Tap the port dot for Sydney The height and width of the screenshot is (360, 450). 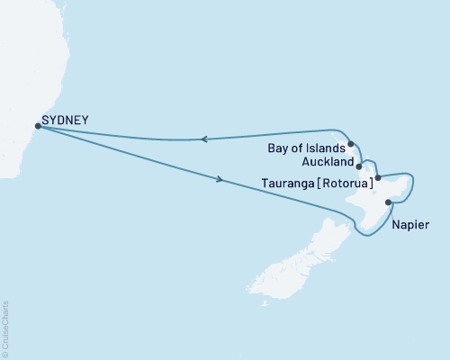[37, 126]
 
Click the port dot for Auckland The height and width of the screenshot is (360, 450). [360, 166]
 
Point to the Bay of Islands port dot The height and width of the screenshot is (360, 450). [351, 143]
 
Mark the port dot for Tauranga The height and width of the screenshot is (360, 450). [378, 177]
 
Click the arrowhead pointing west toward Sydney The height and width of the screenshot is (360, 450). [204, 139]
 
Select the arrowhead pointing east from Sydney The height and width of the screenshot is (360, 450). [220, 179]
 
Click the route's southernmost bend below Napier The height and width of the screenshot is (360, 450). [367, 236]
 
